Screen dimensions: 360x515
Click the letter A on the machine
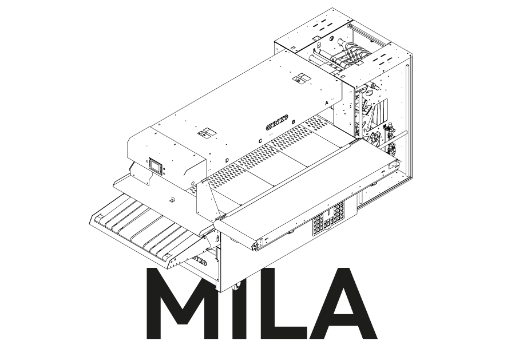click(327, 101)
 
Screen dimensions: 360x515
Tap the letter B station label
click(294, 122)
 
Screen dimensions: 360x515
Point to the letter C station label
click(260, 141)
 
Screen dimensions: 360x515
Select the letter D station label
click(227, 160)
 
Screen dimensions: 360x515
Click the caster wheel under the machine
click(237, 287)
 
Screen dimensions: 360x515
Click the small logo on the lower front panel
click(197, 262)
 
